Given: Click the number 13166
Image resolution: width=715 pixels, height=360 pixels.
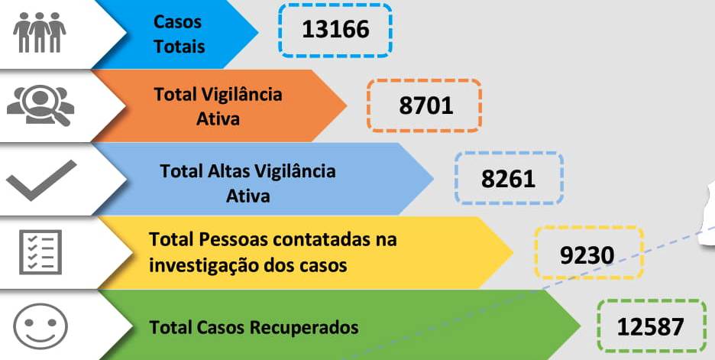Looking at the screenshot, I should click(x=335, y=30).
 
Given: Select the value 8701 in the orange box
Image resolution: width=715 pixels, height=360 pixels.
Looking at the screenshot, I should click(x=425, y=105).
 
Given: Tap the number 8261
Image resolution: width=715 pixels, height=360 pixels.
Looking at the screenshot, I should click(x=508, y=178).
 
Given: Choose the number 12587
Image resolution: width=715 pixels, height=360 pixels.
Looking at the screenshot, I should click(x=650, y=327).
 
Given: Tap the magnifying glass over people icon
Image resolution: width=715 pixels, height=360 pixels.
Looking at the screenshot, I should click(x=40, y=105).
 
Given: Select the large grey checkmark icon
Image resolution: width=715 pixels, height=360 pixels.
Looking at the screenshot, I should click(x=42, y=180).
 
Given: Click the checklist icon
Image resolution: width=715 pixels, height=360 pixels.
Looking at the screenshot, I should click(x=40, y=252).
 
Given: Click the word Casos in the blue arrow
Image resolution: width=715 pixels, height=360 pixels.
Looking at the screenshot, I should click(x=178, y=22).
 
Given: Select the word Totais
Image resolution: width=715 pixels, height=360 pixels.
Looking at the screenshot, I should click(x=180, y=46).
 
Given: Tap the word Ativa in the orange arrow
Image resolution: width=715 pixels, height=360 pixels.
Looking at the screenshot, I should click(x=218, y=118).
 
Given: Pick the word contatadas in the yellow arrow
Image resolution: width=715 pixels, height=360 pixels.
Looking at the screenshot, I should click(x=323, y=240).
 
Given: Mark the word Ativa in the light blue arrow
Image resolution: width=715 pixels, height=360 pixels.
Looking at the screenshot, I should click(x=248, y=195).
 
